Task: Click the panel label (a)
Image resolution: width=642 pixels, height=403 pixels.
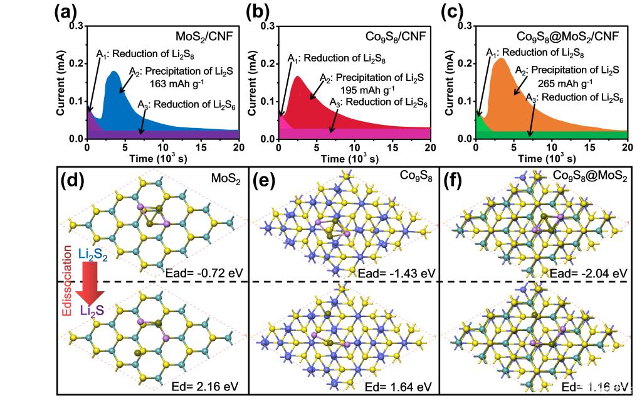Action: (x=68, y=12)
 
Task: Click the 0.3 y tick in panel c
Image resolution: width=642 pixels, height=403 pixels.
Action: (x=463, y=26)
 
